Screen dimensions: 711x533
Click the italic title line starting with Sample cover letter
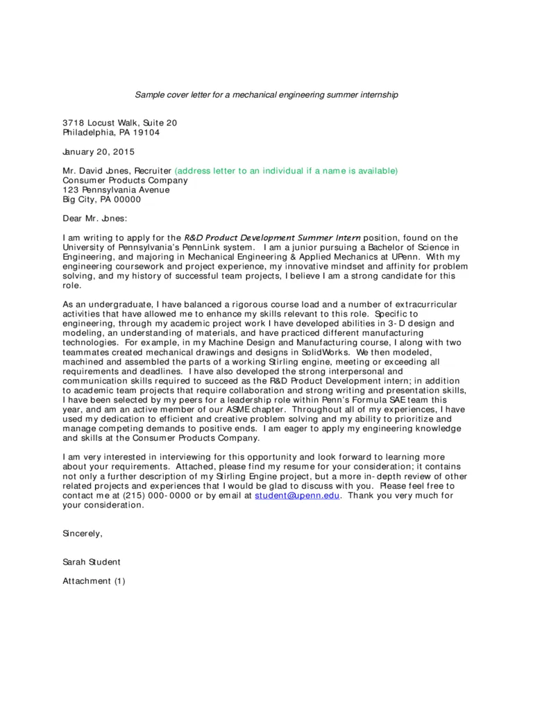coord(266,94)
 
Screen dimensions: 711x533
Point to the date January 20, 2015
coord(99,151)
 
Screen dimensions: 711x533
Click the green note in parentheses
coord(286,171)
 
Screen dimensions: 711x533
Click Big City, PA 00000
coord(101,199)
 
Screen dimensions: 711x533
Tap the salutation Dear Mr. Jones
coord(95,219)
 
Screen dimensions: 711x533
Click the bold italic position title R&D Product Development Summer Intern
coord(272,237)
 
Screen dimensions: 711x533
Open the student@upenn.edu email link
coord(298,496)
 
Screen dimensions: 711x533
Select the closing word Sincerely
coord(83,534)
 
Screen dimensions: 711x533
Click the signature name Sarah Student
coord(92,562)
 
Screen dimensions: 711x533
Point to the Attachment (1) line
coord(94,581)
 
